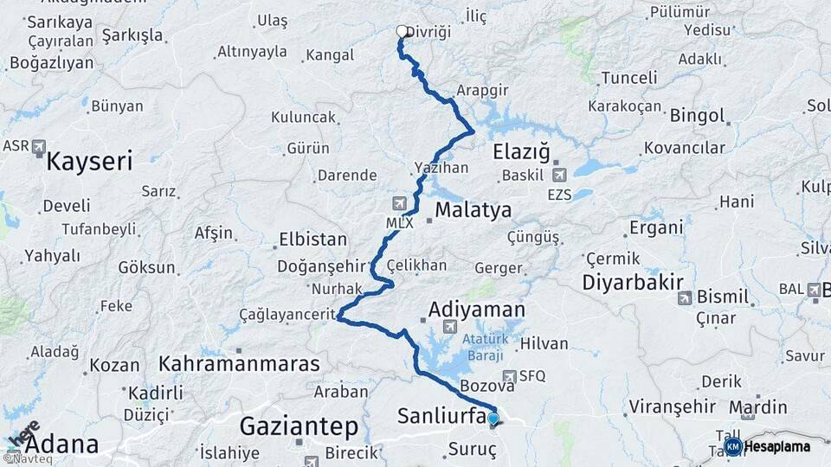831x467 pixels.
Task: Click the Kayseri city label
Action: click(89, 161)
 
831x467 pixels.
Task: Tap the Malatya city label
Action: click(473, 210)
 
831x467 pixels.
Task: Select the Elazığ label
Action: click(521, 153)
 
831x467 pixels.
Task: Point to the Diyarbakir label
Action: click(633, 283)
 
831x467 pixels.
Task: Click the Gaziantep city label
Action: click(299, 425)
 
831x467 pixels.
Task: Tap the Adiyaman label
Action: click(477, 310)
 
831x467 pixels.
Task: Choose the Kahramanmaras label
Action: click(239, 363)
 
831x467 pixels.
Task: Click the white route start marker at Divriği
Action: click(402, 32)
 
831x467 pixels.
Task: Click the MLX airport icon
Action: click(399, 204)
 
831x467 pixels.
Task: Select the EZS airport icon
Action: click(560, 176)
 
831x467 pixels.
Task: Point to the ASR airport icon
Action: click(39, 147)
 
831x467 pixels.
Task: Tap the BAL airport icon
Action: click(814, 290)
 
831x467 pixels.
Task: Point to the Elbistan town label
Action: click(312, 240)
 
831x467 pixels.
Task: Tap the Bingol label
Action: click(696, 115)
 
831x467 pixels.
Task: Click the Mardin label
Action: click(758, 406)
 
